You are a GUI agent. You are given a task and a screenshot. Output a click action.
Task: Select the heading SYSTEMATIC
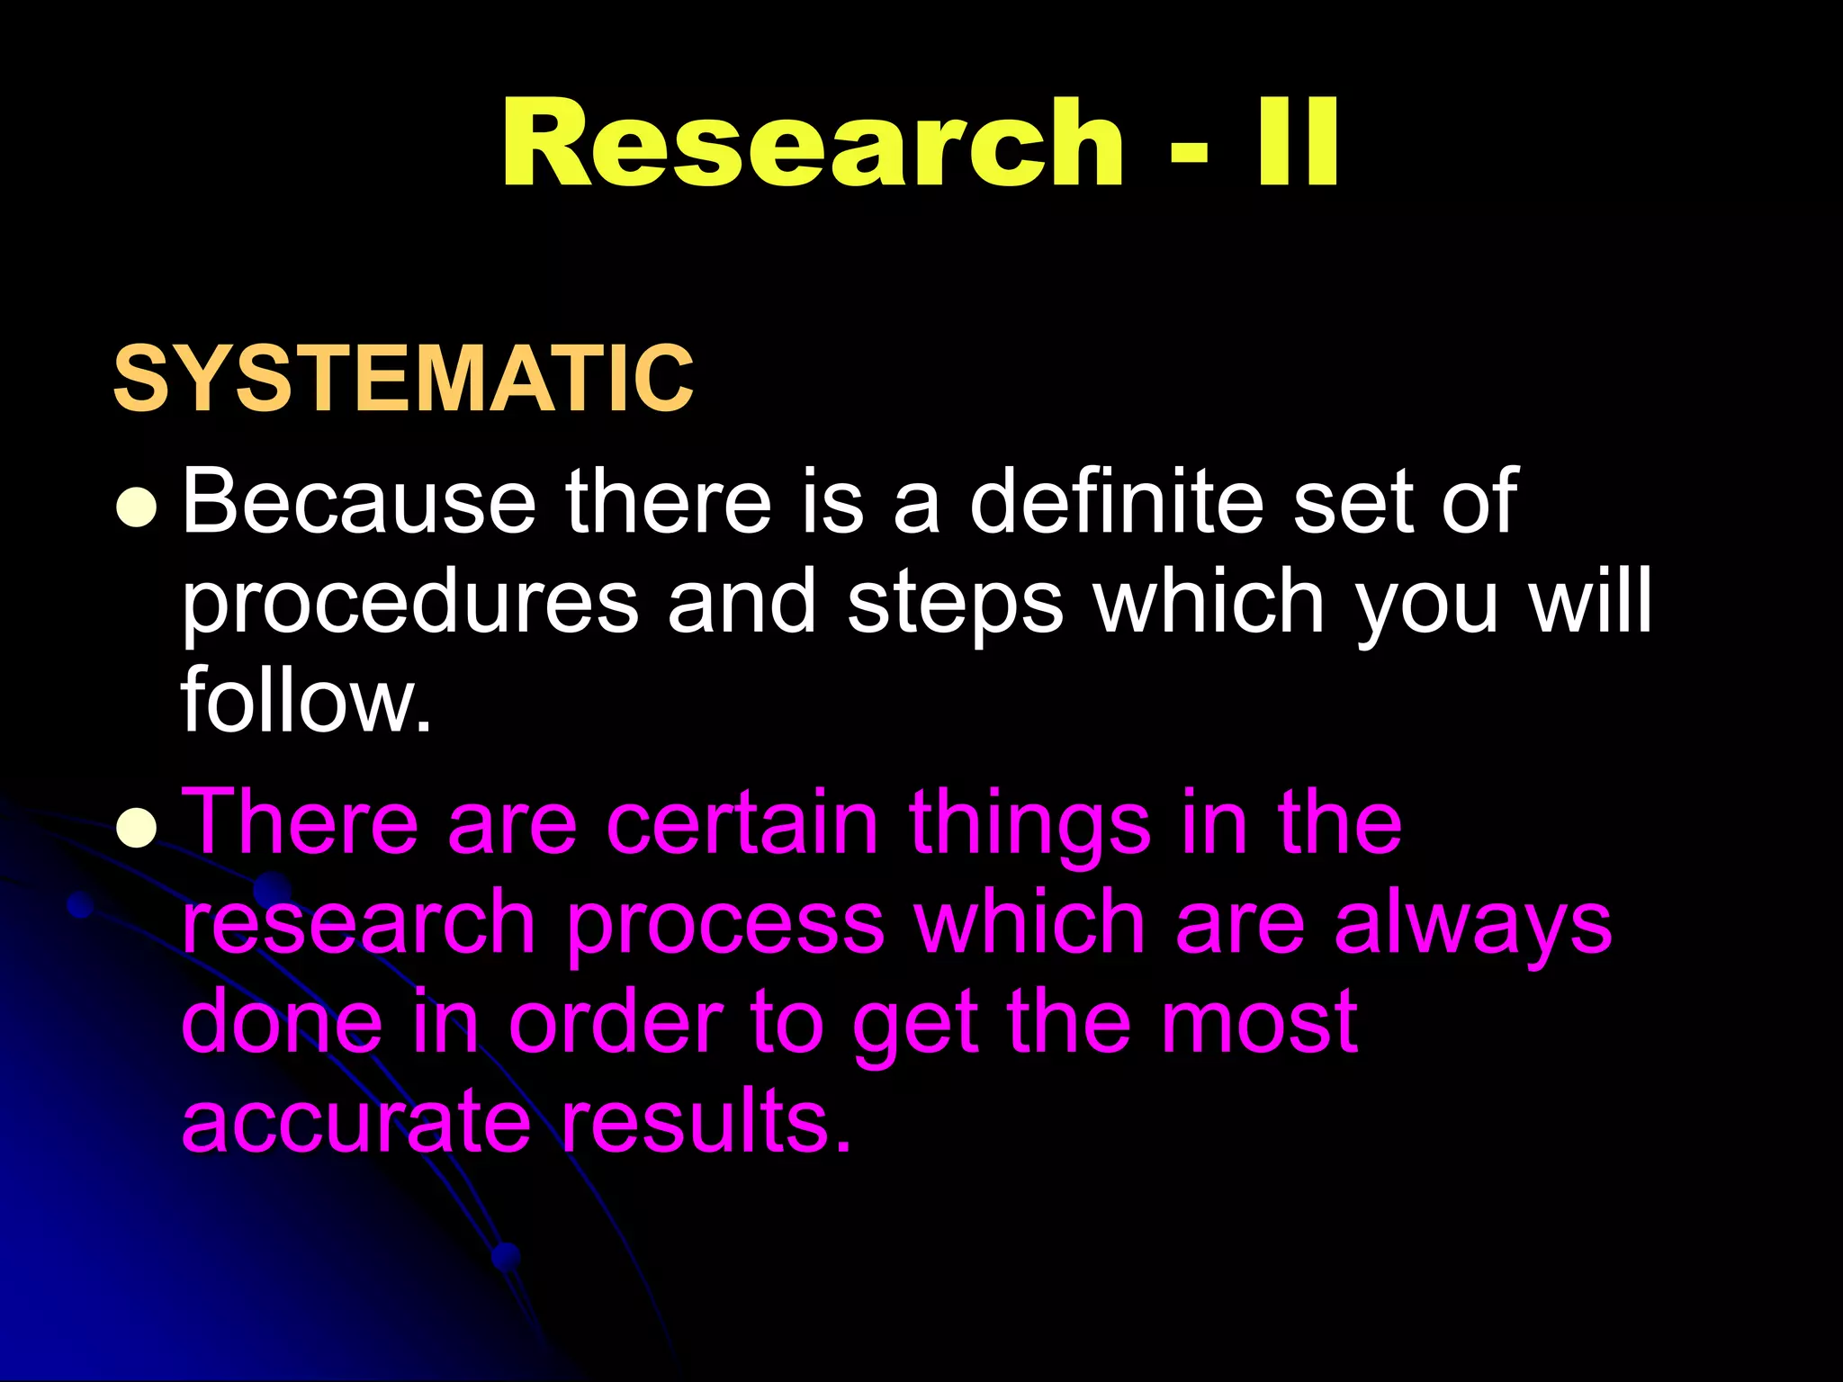pos(403,379)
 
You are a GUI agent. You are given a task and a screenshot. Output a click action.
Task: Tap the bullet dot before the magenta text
pos(138,828)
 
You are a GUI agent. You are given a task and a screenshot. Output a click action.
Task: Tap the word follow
pos(306,700)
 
